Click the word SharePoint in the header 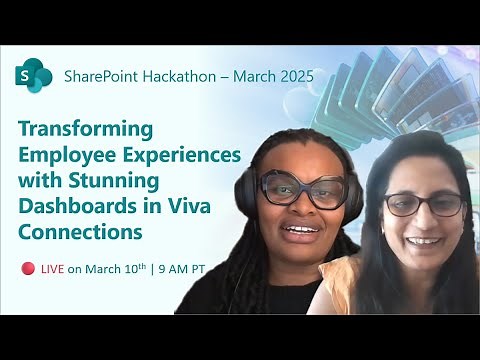tap(104, 75)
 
